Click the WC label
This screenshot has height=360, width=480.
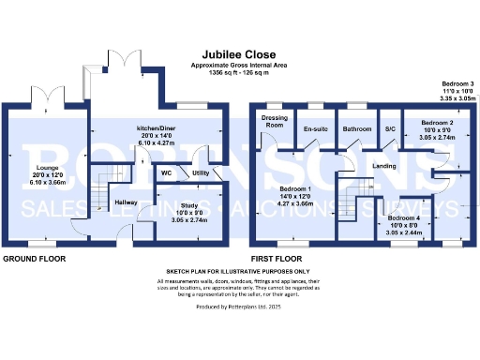(x=165, y=173)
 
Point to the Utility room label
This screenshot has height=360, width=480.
(x=200, y=173)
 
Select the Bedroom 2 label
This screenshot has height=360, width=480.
(x=437, y=123)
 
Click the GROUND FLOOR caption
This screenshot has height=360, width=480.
(x=33, y=257)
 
